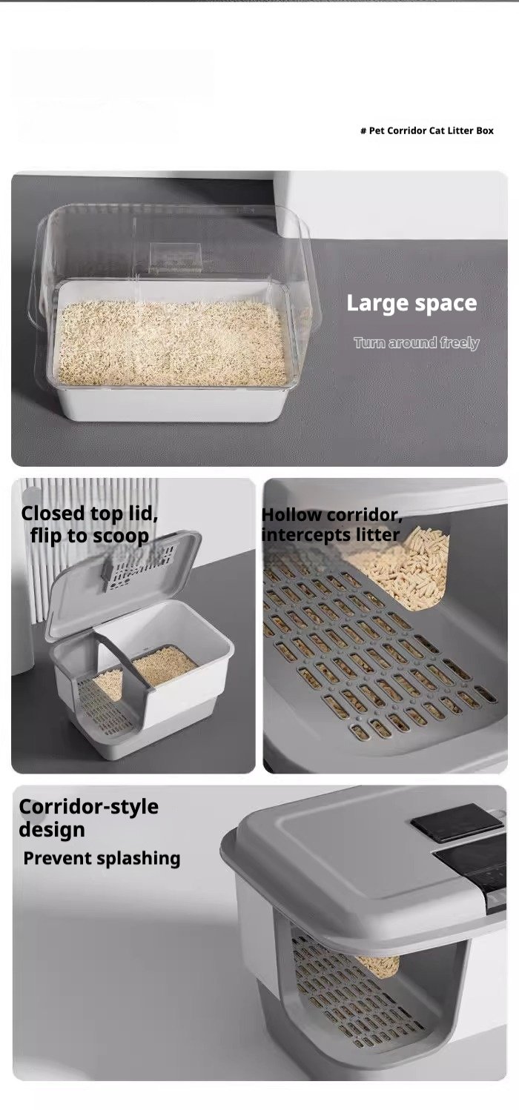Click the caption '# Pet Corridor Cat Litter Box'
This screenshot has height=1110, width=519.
coord(427,131)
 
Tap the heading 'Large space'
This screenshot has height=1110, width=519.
coord(411,303)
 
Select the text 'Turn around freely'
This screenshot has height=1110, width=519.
coord(417,343)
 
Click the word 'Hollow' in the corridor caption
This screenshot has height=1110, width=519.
coord(291,515)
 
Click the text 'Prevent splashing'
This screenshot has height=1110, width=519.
coord(102,858)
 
